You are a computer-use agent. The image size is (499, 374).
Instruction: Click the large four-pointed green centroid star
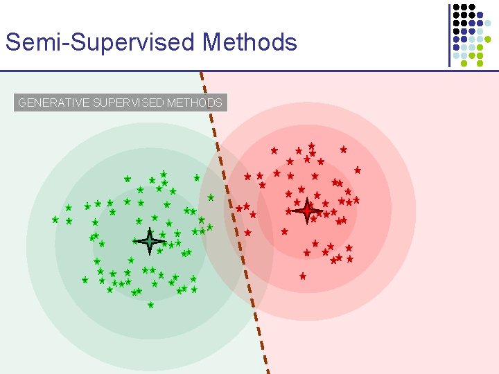(x=150, y=241)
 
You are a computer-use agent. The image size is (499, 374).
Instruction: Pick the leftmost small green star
(x=55, y=220)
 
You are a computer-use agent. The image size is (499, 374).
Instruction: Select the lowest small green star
(x=150, y=305)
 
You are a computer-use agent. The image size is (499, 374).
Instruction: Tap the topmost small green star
(x=164, y=175)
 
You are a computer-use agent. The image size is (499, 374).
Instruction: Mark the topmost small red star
(x=312, y=146)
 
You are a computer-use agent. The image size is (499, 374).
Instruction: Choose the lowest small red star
(x=303, y=276)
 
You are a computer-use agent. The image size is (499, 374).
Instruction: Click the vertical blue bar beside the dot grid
(x=449, y=35)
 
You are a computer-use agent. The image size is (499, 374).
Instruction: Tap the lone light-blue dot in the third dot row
(x=487, y=31)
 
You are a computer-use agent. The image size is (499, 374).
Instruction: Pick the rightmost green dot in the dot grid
(x=487, y=39)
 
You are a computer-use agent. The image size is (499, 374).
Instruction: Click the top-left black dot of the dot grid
(x=456, y=7)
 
